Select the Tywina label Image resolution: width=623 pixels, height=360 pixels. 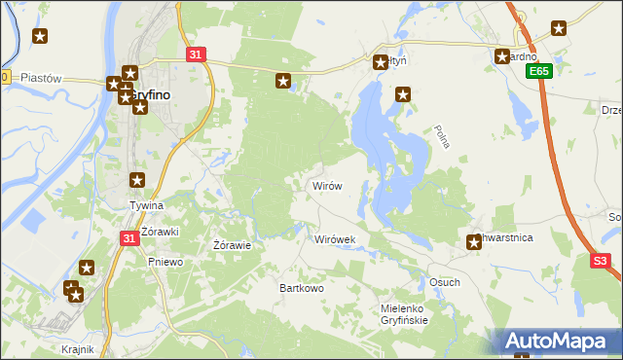point(147,206)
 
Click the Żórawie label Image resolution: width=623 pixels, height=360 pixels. point(233,245)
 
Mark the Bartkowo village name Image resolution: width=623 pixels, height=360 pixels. point(301,289)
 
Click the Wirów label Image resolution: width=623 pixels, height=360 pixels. point(325,185)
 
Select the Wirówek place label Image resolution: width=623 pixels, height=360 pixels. point(335,238)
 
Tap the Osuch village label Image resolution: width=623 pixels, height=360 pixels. point(444,282)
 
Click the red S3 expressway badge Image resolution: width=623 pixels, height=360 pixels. point(601,261)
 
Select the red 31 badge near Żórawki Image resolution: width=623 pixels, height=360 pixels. point(129,237)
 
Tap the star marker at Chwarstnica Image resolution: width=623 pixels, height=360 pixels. point(474,242)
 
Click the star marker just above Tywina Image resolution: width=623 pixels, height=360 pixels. point(137,180)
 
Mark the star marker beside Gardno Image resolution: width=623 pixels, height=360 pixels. point(502,56)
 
